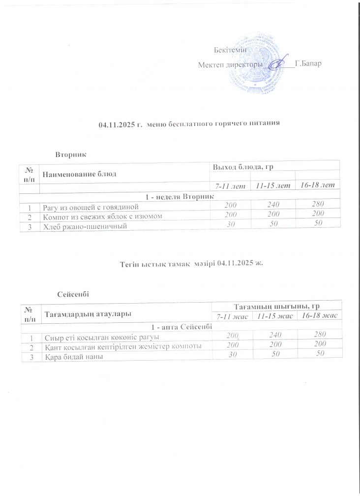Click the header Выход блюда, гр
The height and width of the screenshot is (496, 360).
[242, 168]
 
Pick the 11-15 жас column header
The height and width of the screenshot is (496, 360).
[273, 315]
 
